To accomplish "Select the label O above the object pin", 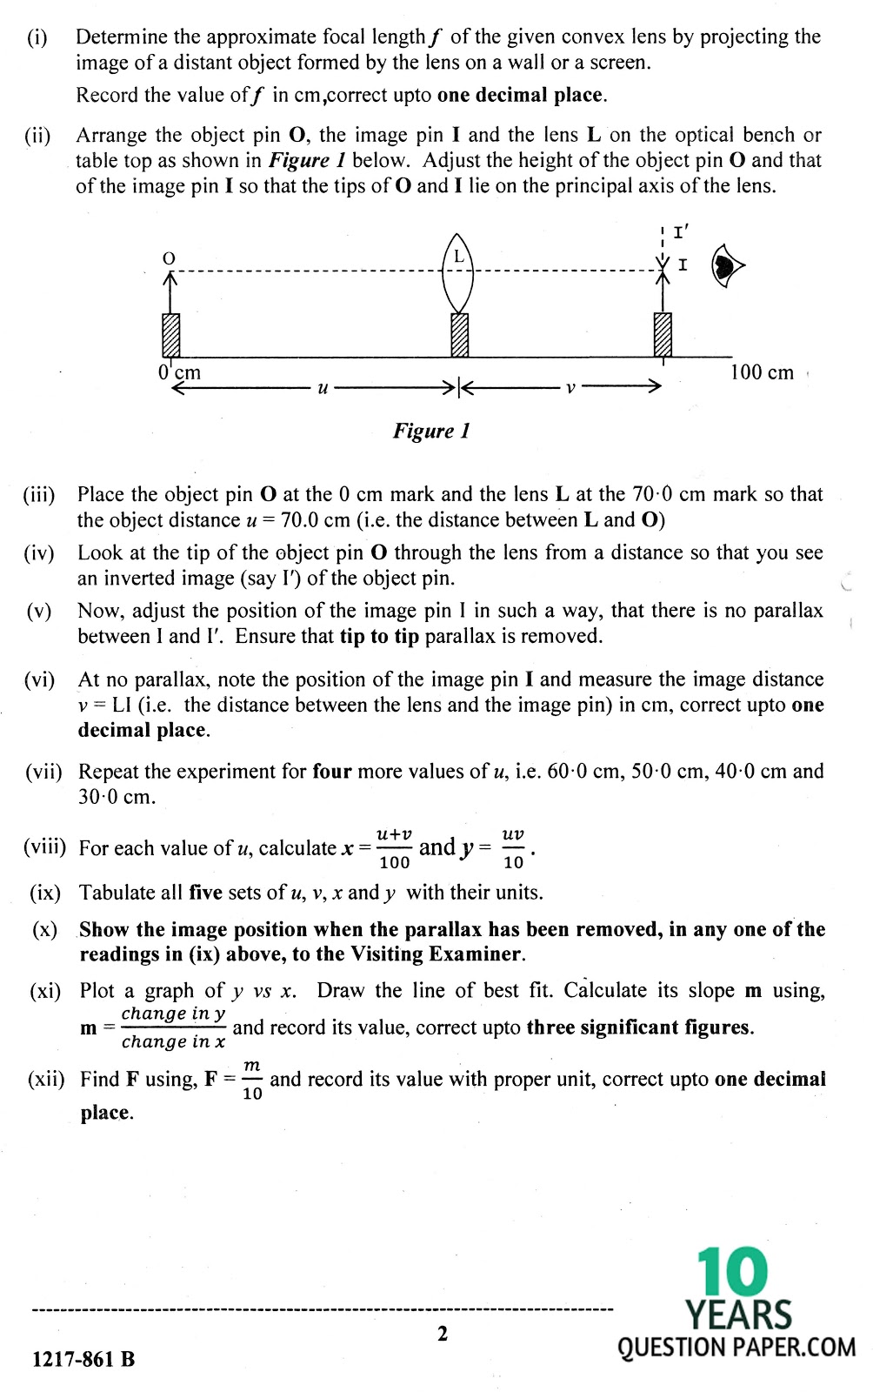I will [x=170, y=258].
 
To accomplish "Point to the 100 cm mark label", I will [x=762, y=373].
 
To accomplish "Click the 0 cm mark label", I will [x=180, y=372].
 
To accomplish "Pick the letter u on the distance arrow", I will [x=323, y=388].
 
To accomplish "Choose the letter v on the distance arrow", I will [x=570, y=388].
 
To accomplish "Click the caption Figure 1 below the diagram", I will [x=431, y=431].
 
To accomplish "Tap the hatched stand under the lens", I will [x=460, y=335].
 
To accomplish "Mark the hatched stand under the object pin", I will [x=171, y=335].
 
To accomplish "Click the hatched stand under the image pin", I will [x=663, y=335].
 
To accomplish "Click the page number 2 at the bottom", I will [x=443, y=1334].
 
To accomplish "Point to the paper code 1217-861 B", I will [x=83, y=1359].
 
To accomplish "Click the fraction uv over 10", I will [x=513, y=848].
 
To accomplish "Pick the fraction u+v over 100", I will [x=394, y=848].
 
